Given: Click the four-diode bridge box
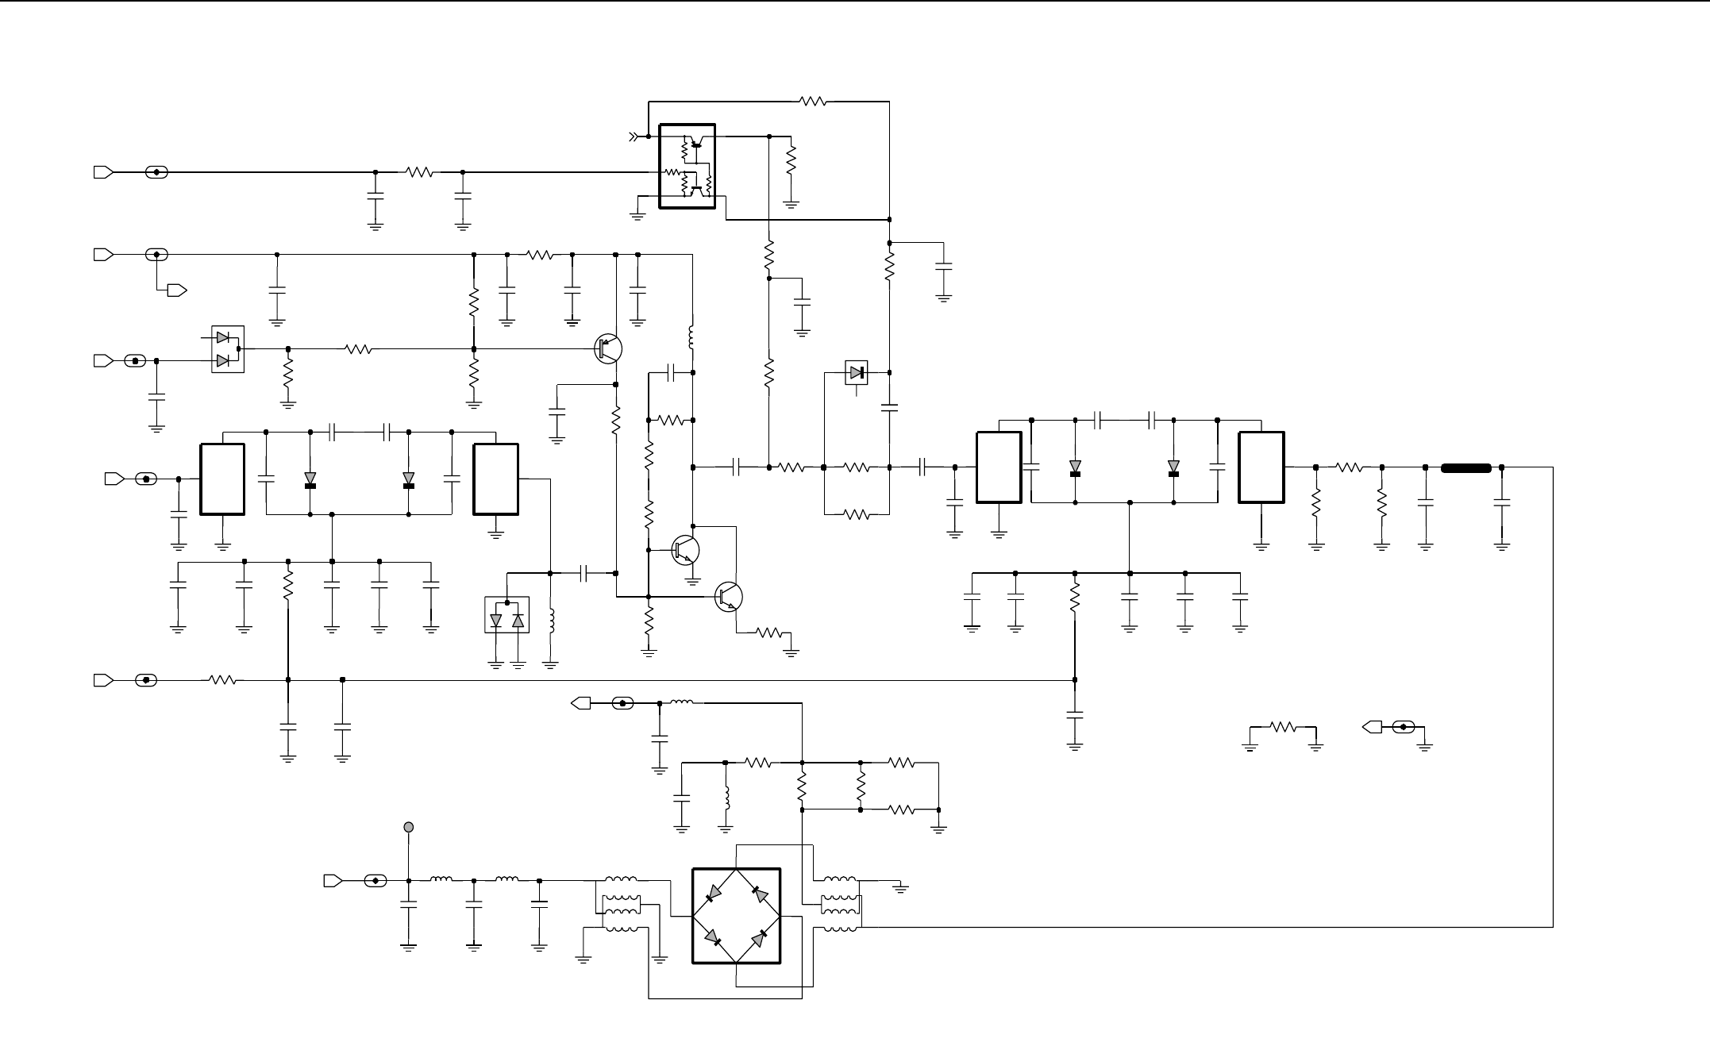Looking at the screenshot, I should pos(736,916).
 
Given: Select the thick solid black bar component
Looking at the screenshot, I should pos(1465,467).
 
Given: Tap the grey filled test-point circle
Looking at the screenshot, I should pos(409,827).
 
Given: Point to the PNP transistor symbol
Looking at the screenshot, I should pos(608,348).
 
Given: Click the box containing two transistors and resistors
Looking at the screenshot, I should pos(687,166).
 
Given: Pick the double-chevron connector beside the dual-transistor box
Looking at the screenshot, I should pos(634,137).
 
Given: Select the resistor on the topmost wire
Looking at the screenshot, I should pos(813,102).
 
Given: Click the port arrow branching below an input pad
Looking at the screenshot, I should pos(177,290).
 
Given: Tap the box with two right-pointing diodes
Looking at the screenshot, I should pos(227,349).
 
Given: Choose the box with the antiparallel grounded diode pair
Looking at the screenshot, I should pos(507,615).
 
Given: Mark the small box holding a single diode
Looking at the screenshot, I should pos(857,372).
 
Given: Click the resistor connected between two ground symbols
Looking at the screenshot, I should pos(1283,726).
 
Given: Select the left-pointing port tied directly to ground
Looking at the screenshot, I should pos(1371,726).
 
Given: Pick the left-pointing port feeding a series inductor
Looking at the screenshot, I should pos(581,702).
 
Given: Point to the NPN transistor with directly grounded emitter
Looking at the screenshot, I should pos(685,549).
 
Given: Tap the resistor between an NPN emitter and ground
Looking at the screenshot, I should pos(769,633).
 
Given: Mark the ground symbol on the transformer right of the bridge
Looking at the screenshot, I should pos(900,887).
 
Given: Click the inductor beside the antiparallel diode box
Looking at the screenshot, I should pos(552,621).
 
